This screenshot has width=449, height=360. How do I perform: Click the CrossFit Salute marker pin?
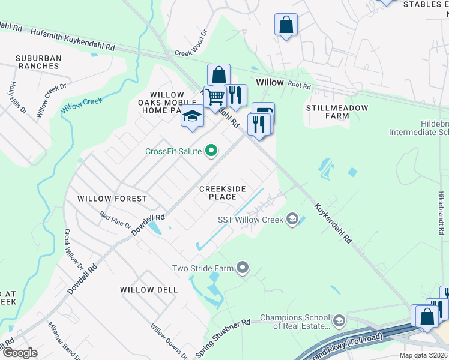point(211,151)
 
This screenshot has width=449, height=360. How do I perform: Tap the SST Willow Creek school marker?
point(292,219)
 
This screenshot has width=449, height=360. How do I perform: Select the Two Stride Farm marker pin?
point(243,268)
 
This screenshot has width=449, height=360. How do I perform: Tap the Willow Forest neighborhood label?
point(112,199)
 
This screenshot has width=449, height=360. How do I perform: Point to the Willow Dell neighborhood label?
point(149,290)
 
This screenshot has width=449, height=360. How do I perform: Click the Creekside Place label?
point(223,193)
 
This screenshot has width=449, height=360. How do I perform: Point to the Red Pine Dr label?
point(115,220)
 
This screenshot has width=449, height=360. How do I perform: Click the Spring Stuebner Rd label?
point(222,332)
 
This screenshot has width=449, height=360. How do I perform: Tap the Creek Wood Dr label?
point(191,44)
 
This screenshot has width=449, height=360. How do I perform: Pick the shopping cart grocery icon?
point(214,97)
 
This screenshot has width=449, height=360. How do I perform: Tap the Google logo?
point(19,352)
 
